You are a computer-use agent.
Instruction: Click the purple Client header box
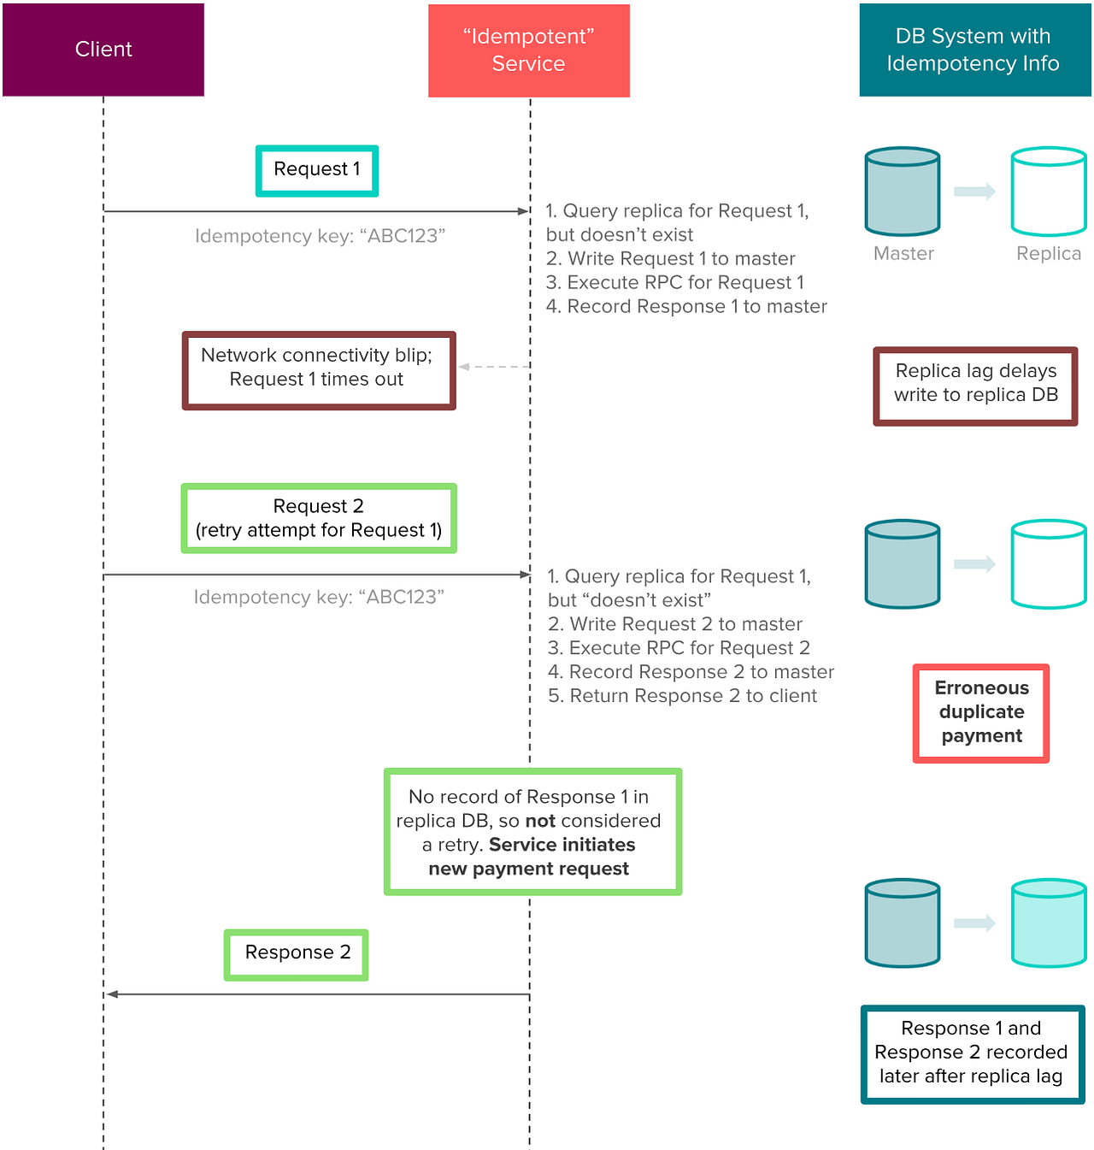pyautogui.click(x=103, y=50)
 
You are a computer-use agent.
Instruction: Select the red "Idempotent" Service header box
pyautogui.click(x=528, y=50)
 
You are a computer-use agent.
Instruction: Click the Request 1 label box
pyautogui.click(x=317, y=170)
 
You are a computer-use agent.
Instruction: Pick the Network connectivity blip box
pyautogui.click(x=318, y=370)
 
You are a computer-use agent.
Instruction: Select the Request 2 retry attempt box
pyautogui.click(x=319, y=518)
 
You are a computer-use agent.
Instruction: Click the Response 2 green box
pyautogui.click(x=297, y=954)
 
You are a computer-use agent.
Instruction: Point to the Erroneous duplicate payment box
pyautogui.click(x=981, y=712)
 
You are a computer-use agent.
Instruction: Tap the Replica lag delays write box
pyautogui.click(x=975, y=385)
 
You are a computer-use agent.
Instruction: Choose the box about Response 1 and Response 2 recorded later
pyautogui.click(x=972, y=1053)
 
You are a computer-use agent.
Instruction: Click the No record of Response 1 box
pyautogui.click(x=532, y=832)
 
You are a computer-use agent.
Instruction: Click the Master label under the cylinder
pyautogui.click(x=903, y=254)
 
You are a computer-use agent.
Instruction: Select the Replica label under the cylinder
pyautogui.click(x=1049, y=254)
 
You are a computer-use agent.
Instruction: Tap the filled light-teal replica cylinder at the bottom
pyautogui.click(x=1049, y=923)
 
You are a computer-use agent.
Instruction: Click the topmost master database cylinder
pyautogui.click(x=903, y=192)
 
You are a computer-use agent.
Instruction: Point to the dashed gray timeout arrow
pyautogui.click(x=494, y=367)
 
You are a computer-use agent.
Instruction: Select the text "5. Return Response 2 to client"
pyautogui.click(x=682, y=696)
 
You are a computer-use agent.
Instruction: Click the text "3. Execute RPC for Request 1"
pyautogui.click(x=674, y=283)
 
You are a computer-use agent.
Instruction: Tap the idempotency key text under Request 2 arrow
pyautogui.click(x=319, y=597)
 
